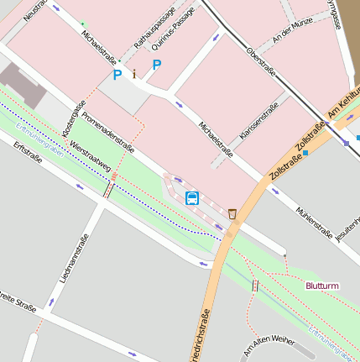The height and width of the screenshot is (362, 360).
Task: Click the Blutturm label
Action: pyautogui.click(x=322, y=286)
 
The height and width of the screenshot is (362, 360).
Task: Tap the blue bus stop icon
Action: pyautogui.click(x=192, y=198)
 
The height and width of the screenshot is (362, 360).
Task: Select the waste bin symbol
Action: pyautogui.click(x=232, y=213)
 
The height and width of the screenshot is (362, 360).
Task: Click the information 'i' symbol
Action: pyautogui.click(x=133, y=74)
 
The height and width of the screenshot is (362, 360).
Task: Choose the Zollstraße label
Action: pyautogui.click(x=286, y=150)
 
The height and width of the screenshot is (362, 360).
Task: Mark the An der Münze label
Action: pyautogui.click(x=292, y=30)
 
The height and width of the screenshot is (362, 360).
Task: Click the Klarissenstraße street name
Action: pyautogui.click(x=258, y=125)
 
